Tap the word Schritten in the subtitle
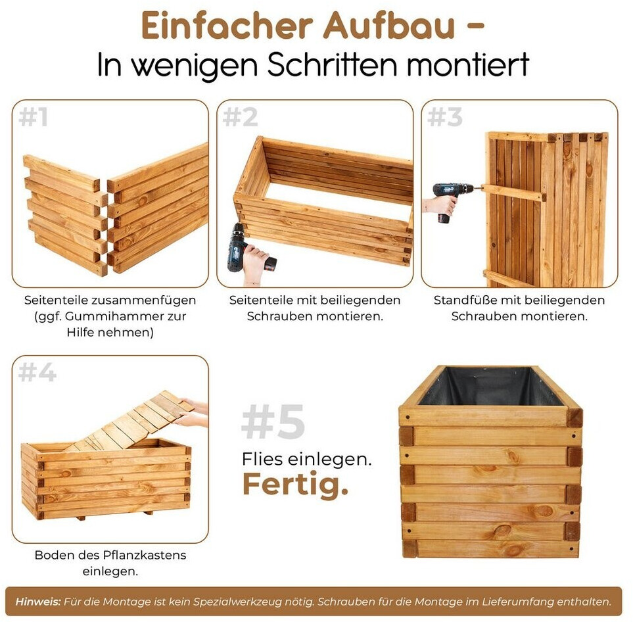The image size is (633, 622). pos(332,64)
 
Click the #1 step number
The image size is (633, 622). pos(33,117)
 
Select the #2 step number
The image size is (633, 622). pos(240,117)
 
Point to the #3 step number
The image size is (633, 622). pos(445,117)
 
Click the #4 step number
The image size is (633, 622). pos(37,372)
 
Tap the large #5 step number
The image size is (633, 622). pos(273,421)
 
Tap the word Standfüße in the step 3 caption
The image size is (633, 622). pos(467,300)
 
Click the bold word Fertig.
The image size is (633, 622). pos(295,485)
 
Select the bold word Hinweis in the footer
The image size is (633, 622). pos(38,602)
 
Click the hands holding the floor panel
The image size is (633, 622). pos(192,412)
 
